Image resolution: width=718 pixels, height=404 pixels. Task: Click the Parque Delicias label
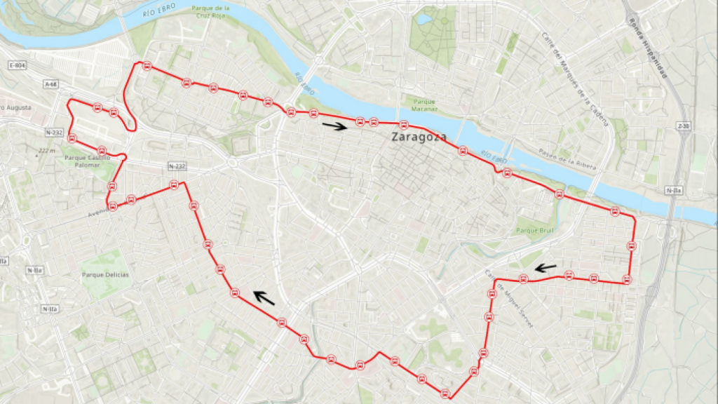[105, 274]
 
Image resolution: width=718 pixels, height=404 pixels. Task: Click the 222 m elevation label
[48, 151]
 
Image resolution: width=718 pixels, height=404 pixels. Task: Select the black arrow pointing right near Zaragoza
[334, 126]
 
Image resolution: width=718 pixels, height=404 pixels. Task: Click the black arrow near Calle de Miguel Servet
[546, 267]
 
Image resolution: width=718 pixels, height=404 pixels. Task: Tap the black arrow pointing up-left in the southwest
[264, 297]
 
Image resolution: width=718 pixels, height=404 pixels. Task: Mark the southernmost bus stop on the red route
[445, 393]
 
